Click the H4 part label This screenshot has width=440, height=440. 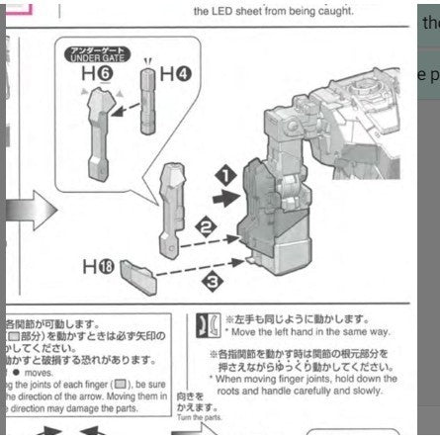coord(175,72)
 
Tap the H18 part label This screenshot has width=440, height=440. coord(97,266)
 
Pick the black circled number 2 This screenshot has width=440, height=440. coord(208,226)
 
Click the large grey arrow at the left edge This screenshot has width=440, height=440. coord(19,212)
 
